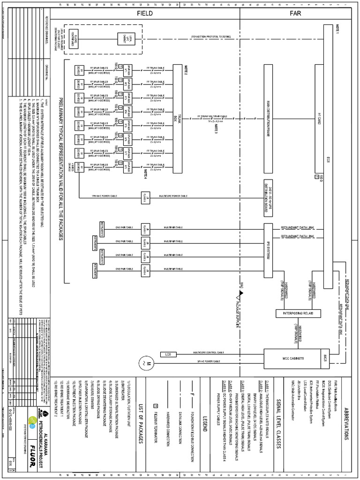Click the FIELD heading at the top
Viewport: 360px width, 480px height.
145,14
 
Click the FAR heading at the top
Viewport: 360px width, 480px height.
295,14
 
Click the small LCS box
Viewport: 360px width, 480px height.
168,354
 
